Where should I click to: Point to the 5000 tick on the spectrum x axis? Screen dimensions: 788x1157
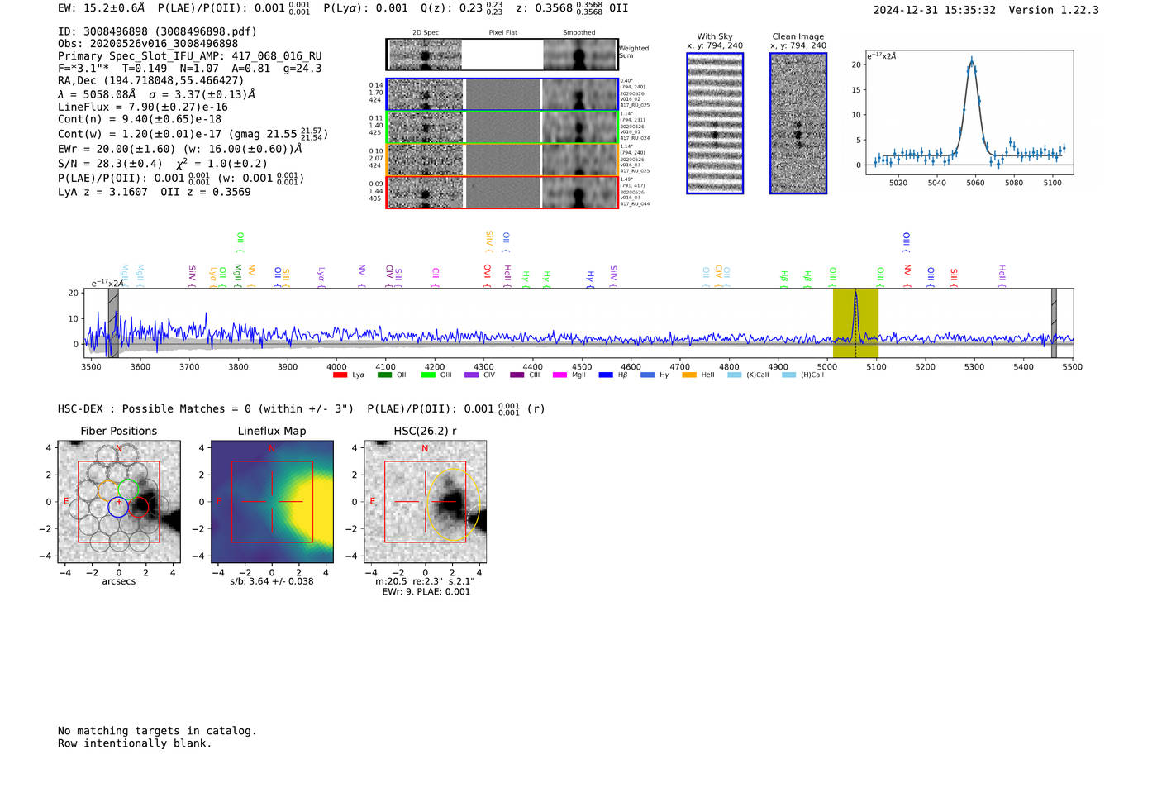click(x=827, y=366)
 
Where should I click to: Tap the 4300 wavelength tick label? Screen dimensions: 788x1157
click(x=483, y=366)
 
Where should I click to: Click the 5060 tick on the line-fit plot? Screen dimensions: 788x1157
click(x=975, y=183)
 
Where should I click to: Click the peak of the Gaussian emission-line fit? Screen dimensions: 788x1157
click(x=972, y=60)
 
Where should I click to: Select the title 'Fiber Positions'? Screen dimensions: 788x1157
click(x=118, y=431)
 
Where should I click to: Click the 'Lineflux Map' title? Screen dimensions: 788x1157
click(x=272, y=431)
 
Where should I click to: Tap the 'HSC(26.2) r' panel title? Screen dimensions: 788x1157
click(x=425, y=431)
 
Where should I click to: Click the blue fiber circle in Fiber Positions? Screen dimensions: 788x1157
click(x=118, y=508)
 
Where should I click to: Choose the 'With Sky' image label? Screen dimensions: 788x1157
click(x=714, y=36)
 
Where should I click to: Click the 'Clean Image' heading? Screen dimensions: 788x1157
click(x=798, y=36)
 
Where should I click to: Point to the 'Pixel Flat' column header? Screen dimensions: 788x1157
click(x=502, y=33)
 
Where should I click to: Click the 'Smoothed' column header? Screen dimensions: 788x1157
click(x=578, y=33)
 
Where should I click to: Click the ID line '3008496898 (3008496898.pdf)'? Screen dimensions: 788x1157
click(x=157, y=31)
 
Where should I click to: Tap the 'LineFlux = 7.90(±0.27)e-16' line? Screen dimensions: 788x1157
click(x=142, y=107)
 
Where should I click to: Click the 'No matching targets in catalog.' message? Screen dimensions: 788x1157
click(x=157, y=731)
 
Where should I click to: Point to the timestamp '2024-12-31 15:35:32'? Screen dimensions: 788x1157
click(x=934, y=10)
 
